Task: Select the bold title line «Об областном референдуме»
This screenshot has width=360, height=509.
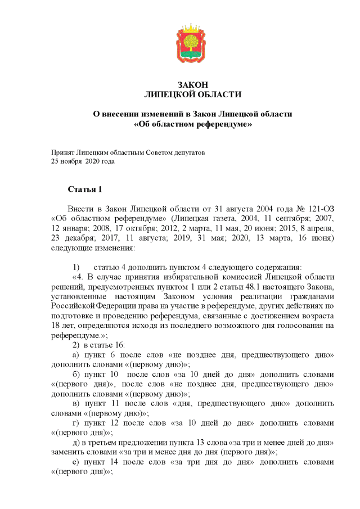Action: pos(192,124)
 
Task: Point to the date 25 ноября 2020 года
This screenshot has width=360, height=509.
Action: pos(83,161)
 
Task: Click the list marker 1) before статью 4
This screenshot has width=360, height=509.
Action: pos(78,267)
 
